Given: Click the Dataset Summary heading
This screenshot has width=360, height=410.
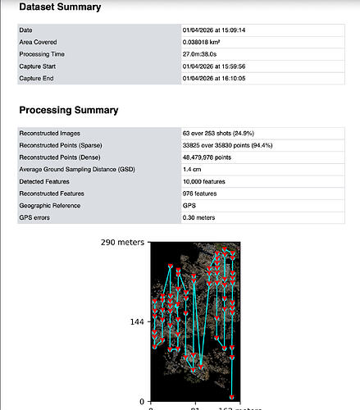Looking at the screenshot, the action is point(60,7).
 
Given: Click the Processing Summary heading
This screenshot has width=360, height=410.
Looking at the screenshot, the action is point(68,110).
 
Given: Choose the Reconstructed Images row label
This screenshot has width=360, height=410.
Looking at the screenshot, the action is point(52,133).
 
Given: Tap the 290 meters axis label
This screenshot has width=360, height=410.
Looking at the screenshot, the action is point(123,243).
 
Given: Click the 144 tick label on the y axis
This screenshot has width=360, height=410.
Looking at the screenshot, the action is point(135,322).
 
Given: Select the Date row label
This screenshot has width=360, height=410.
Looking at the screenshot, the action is point(26,30).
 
